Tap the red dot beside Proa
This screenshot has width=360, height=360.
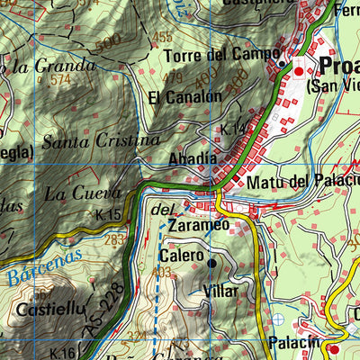pyautogui.click(x=299, y=70)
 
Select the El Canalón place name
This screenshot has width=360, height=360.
pyautogui.click(x=184, y=97)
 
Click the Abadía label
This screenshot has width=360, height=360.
pyautogui.click(x=193, y=159)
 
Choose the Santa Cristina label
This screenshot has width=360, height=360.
pyautogui.click(x=101, y=141)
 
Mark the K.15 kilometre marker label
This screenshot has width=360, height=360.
pyautogui.click(x=107, y=215)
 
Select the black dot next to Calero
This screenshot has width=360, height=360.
pyautogui.click(x=212, y=263)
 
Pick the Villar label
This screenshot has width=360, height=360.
pyautogui.click(x=220, y=292)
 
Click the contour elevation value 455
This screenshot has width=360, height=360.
pyautogui.click(x=163, y=38)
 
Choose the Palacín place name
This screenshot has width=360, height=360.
pyautogui.click(x=293, y=342)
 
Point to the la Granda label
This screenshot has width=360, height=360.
pyautogui.click(x=52, y=65)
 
